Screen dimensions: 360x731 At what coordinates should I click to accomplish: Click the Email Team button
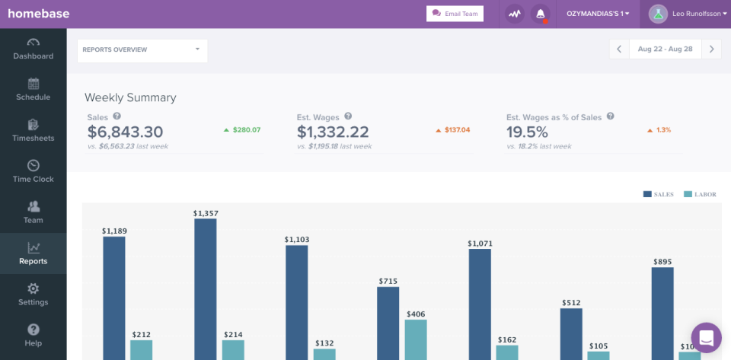pos(455,14)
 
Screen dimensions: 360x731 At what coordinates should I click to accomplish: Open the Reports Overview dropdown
pos(142,50)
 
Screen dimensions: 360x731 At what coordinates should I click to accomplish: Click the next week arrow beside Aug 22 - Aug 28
pos(712,49)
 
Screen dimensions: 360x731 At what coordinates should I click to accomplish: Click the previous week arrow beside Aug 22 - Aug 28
pos(619,49)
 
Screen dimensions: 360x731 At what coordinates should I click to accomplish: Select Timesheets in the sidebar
pos(33,130)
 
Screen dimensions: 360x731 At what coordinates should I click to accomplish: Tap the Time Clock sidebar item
pos(33,171)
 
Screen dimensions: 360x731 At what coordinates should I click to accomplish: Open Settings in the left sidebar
pos(33,295)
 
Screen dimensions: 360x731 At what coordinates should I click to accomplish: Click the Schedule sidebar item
pos(33,89)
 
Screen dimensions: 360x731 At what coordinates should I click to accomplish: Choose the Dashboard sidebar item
pos(33,48)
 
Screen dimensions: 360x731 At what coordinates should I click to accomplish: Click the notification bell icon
pos(541,14)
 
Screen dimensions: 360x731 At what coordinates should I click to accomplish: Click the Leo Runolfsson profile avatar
pos(658,14)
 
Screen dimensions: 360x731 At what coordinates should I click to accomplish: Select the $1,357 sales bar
pos(206,289)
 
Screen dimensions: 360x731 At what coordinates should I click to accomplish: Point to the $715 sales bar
pos(388,323)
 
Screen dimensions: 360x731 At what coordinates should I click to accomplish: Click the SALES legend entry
pos(659,195)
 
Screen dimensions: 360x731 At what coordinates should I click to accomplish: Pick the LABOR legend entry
pos(700,195)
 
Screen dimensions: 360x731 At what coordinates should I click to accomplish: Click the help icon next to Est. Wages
pos(348,116)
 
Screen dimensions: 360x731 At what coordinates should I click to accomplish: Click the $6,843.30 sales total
pos(126,132)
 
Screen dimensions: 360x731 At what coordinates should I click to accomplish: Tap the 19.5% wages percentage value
pos(528,132)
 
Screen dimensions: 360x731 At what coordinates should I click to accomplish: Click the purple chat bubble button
pos(706,338)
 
